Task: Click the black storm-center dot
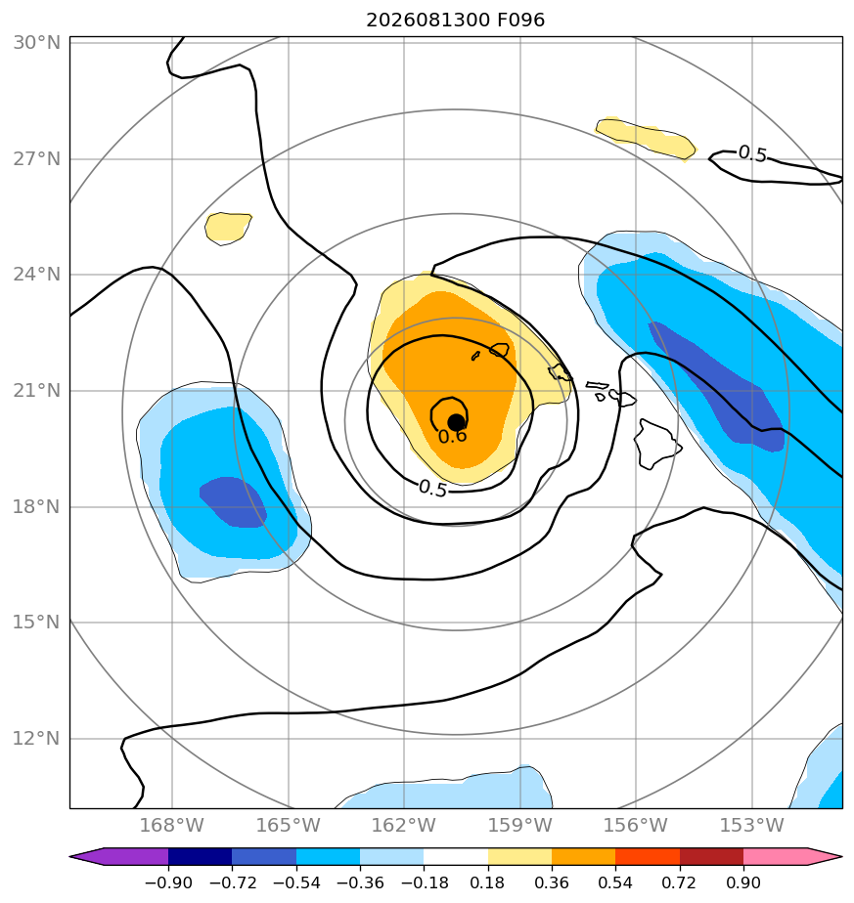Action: (x=456, y=423)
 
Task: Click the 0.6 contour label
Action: (x=453, y=437)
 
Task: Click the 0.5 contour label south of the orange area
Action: (x=433, y=489)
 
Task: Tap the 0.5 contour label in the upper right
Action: (x=752, y=153)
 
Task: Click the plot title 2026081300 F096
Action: (x=456, y=21)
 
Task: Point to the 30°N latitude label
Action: (x=36, y=43)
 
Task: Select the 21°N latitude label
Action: (x=36, y=391)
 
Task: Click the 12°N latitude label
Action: (x=36, y=738)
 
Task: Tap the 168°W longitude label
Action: (x=172, y=825)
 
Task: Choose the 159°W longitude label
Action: (x=520, y=825)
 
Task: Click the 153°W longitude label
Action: (x=752, y=825)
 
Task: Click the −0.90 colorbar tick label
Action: (x=168, y=882)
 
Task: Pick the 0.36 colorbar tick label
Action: (x=552, y=882)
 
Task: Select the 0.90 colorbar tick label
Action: (x=743, y=882)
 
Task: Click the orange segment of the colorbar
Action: (x=584, y=856)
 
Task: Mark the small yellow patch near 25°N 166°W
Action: (x=228, y=228)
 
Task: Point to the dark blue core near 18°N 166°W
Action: (x=233, y=501)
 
